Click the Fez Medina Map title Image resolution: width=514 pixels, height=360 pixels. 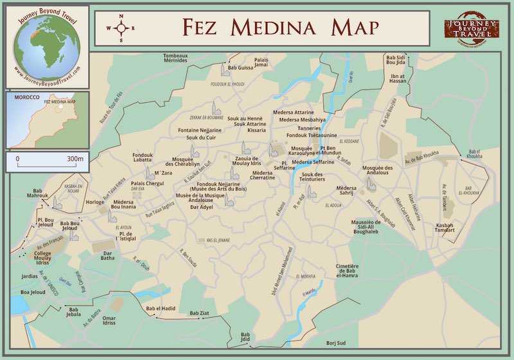pos(279,28)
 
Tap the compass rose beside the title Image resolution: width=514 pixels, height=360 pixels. pos(120,28)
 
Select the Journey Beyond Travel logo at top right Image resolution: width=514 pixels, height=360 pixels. pos(471,28)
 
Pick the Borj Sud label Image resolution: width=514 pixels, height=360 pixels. pos(336,343)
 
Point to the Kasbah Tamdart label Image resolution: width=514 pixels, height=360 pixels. pos(448,227)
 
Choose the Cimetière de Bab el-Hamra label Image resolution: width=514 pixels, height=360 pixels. pos(347,273)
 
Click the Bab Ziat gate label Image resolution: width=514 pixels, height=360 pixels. pos(199,314)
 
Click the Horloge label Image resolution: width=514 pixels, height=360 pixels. pos(94,202)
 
